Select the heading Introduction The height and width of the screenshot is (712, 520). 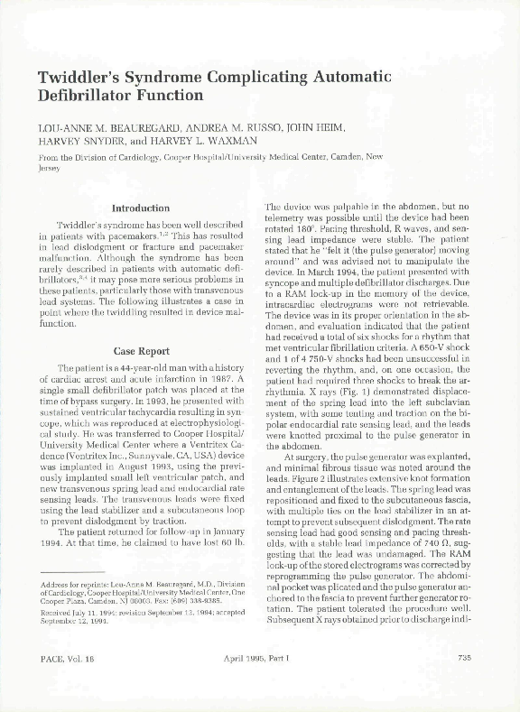[x=140, y=208]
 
